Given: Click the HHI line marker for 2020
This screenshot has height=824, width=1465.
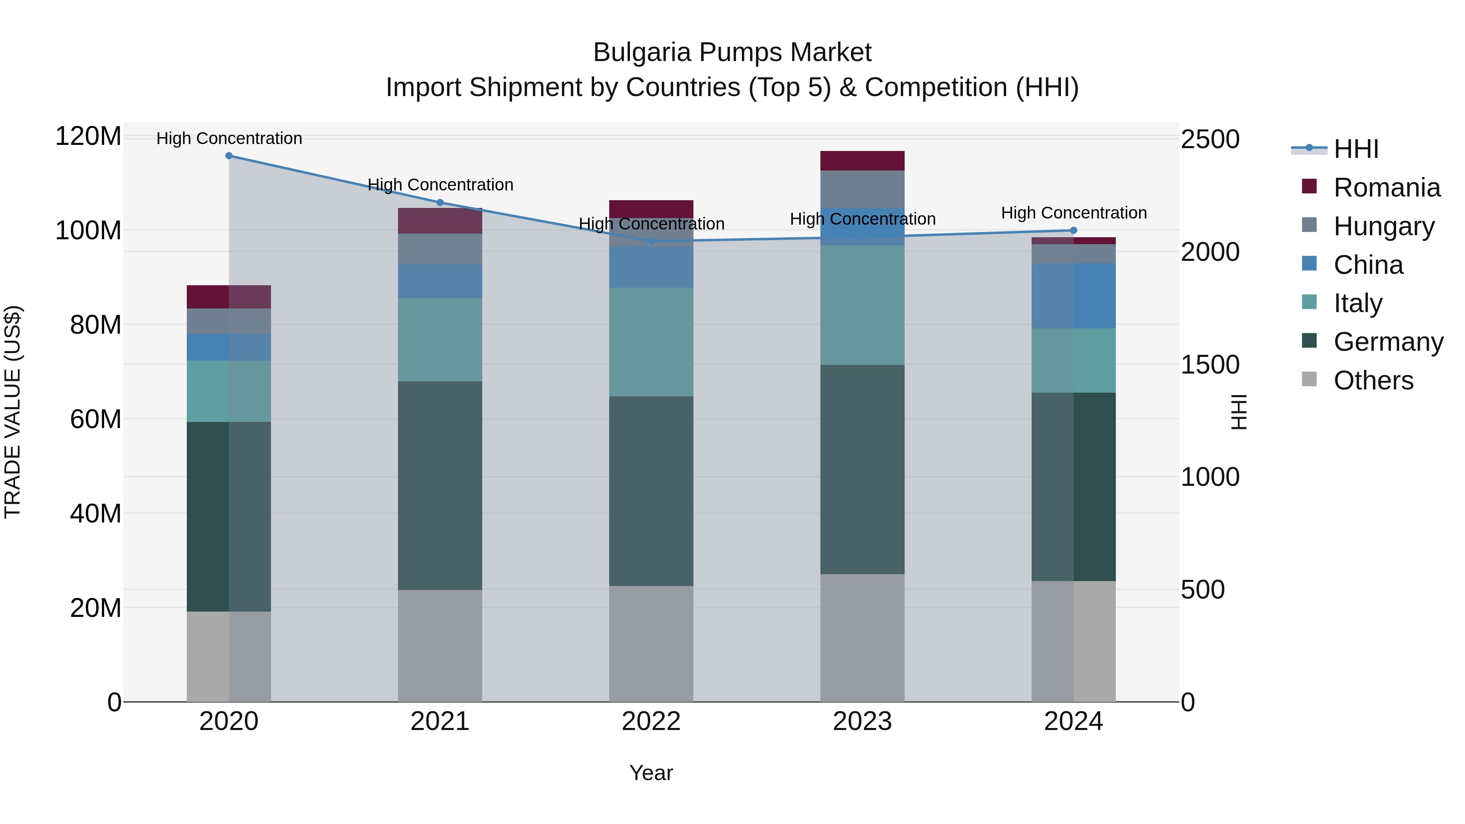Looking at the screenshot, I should click(229, 156).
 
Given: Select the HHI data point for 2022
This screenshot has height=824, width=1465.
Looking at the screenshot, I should click(651, 241).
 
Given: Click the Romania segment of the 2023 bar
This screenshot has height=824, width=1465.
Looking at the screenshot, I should click(862, 161).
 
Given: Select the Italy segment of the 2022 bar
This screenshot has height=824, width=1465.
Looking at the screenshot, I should click(651, 342).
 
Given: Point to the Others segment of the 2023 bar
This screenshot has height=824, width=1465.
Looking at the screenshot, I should click(862, 638).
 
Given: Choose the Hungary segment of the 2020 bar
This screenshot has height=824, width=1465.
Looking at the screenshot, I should click(229, 321).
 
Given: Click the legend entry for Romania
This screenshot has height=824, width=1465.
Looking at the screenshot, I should click(1386, 188).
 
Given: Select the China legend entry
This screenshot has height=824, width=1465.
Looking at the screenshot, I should click(1368, 265).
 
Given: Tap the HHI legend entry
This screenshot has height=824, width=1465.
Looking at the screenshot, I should click(1356, 149).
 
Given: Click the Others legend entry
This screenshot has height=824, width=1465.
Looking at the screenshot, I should click(1373, 380).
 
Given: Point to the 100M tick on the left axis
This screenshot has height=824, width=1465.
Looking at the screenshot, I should click(88, 231).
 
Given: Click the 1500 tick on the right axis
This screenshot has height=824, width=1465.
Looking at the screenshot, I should click(1210, 365).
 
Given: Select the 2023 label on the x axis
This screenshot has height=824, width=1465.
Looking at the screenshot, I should click(862, 721).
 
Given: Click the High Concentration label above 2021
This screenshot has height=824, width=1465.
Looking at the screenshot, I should click(440, 185).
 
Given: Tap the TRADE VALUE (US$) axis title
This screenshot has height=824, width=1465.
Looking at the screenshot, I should click(13, 412).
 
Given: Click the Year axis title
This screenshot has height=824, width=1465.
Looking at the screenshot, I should click(651, 773).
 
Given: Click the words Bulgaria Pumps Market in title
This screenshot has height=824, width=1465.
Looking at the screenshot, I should click(732, 52).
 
